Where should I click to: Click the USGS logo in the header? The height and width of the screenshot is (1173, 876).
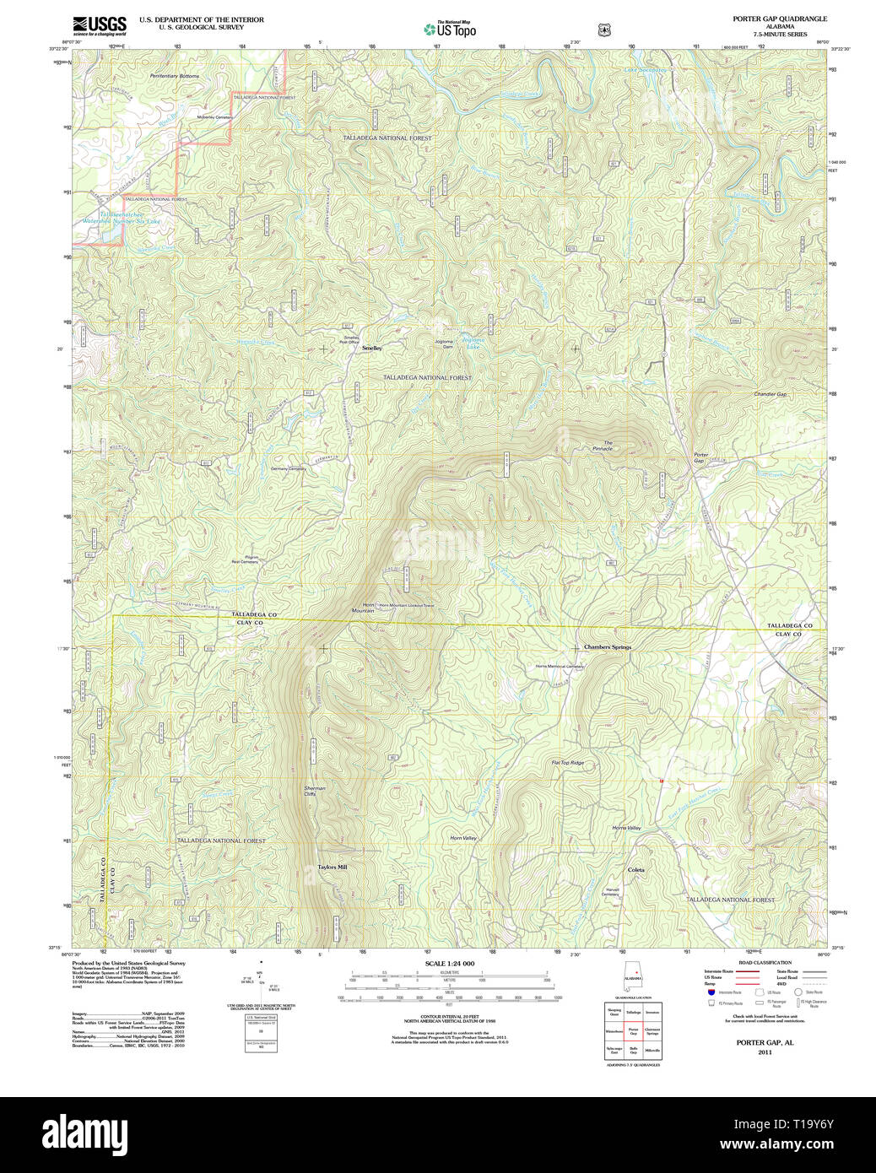click(x=100, y=24)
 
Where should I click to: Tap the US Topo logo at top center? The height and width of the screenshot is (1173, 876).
click(x=450, y=30)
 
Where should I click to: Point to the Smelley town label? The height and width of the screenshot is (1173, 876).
click(x=371, y=348)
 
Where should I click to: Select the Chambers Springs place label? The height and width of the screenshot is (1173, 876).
click(x=608, y=647)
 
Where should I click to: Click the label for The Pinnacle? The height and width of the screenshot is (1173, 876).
click(x=603, y=446)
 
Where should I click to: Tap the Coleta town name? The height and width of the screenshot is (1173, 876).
click(x=635, y=869)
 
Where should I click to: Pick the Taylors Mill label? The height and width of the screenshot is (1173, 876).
click(x=332, y=867)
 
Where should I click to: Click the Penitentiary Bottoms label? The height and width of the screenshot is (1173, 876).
click(x=175, y=76)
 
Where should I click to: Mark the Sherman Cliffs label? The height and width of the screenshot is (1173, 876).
click(x=315, y=791)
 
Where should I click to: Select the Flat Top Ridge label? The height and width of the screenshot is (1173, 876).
click(x=567, y=763)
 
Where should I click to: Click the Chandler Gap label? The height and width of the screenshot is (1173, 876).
click(x=770, y=394)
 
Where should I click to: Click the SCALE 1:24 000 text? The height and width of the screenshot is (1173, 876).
click(x=449, y=964)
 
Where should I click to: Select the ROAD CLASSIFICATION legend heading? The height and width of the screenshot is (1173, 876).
click(x=765, y=963)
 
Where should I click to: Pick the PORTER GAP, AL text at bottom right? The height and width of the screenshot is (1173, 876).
click(x=765, y=1043)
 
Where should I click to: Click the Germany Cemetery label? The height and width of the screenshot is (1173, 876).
click(x=288, y=468)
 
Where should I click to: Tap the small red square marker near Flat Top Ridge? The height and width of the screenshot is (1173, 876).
click(x=662, y=781)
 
